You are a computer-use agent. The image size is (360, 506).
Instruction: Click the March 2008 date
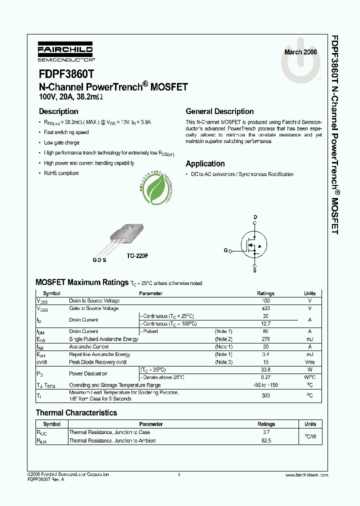coord(300,52)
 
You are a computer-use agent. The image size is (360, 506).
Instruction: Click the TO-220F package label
coord(137,255)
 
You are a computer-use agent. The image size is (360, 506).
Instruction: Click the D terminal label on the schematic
coord(255,217)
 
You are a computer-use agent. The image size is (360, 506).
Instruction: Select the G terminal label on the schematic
coord(225,250)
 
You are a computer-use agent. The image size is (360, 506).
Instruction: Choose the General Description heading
coord(219,111)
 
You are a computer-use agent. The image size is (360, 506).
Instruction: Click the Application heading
coord(205,163)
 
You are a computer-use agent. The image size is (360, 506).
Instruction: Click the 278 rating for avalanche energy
coord(265,339)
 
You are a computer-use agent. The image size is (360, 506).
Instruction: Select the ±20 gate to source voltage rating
coord(265,308)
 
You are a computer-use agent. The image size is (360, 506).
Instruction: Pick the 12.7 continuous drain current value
coord(265,323)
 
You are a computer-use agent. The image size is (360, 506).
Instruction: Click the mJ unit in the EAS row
coord(309,339)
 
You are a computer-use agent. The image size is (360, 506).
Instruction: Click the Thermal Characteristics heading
coord(76,413)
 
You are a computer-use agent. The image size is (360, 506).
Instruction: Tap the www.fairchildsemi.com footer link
coord(306,474)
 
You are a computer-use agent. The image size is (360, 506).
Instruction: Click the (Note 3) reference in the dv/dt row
coord(223,362)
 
